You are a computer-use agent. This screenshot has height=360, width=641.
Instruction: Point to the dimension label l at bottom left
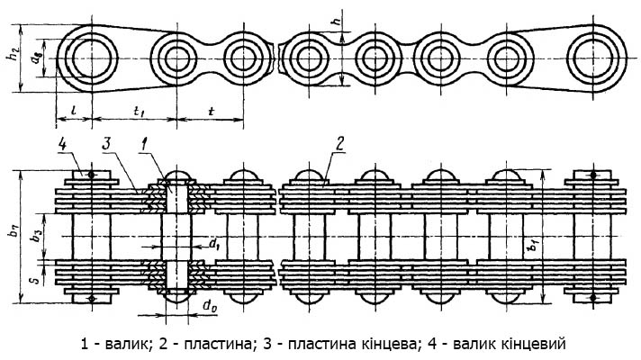(72, 110)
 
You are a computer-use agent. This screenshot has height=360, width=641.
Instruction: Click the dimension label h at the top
(337, 21)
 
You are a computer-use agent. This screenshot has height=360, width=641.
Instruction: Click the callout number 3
(106, 144)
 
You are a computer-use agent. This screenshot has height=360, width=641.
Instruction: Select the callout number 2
(339, 144)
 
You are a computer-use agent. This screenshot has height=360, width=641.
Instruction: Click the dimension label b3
(38, 237)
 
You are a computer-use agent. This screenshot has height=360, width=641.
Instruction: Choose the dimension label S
(36, 280)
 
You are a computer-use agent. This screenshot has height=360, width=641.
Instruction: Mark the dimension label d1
(214, 244)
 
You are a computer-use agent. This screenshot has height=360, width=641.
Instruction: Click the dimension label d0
(210, 306)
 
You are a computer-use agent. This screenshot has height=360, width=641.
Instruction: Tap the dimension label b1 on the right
(533, 247)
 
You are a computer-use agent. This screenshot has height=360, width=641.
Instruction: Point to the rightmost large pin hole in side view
(593, 58)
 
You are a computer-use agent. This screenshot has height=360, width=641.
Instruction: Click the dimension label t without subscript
(211, 111)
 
